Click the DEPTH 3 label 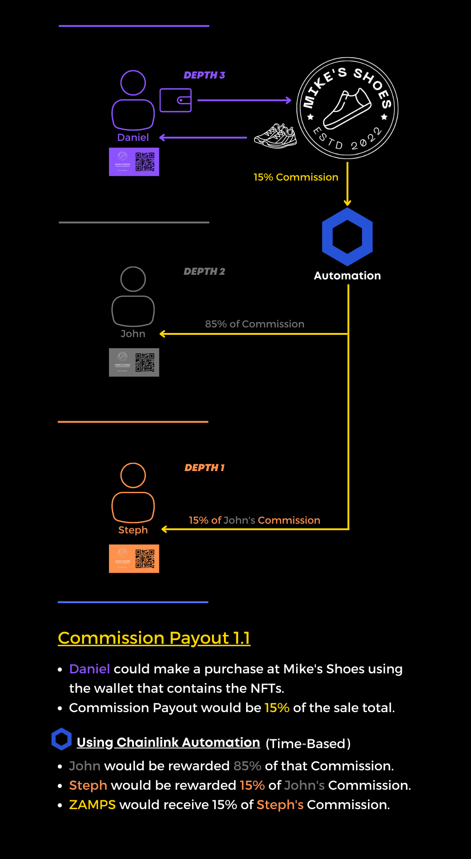coord(204,75)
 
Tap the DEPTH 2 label coord(204,272)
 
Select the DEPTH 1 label coord(204,468)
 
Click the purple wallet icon coord(175,100)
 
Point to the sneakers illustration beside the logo coord(275,136)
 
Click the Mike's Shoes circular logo coord(347,108)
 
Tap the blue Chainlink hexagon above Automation coord(347,236)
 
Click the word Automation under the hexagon coord(347,276)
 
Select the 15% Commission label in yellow coord(296,177)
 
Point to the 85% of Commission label coord(254,324)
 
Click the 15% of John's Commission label coord(254,520)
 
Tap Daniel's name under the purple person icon coord(133,138)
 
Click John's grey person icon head coord(133,279)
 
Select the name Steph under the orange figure coord(133,530)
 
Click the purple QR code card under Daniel coord(134,162)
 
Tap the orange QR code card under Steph coord(134,559)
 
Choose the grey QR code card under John coord(134,363)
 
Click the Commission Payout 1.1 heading coord(154,638)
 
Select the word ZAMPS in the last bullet coord(92,805)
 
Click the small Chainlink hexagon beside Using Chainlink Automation coord(61,739)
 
